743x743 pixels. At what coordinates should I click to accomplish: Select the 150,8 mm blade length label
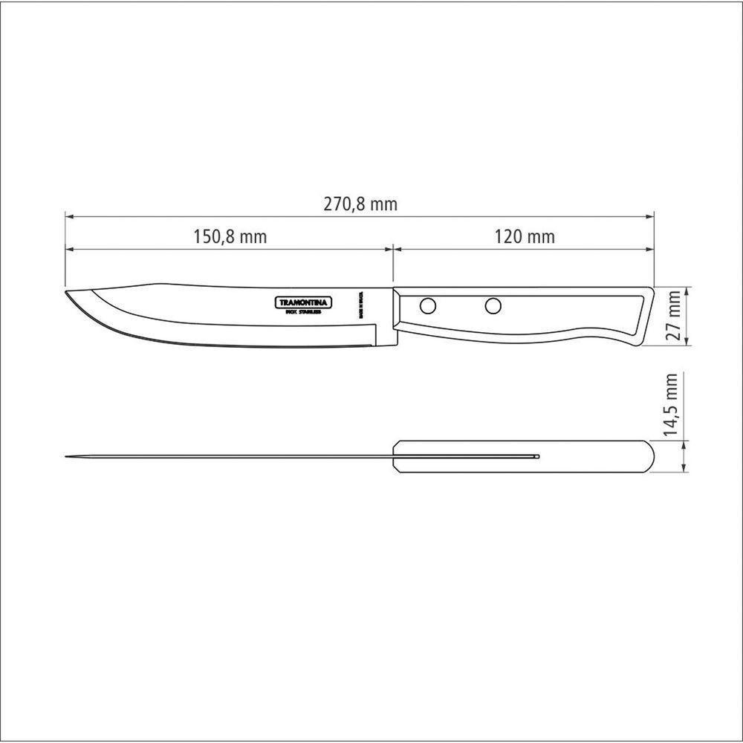(x=230, y=237)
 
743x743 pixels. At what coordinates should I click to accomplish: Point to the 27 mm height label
(x=673, y=316)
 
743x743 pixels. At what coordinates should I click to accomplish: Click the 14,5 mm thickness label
(x=673, y=405)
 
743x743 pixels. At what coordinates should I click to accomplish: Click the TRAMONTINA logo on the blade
(x=305, y=302)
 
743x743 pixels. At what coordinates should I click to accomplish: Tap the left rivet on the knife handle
(x=428, y=305)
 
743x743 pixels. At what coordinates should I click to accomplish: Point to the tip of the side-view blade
(x=67, y=292)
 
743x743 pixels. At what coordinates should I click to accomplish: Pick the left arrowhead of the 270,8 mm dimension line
(x=68, y=217)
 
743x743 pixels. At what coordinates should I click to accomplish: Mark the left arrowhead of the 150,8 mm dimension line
(x=68, y=249)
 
